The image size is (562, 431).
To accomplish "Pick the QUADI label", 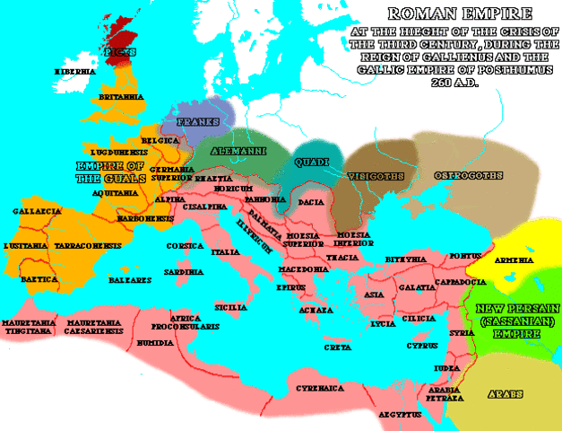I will pyautogui.click(x=311, y=163).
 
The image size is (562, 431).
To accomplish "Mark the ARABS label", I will pyautogui.click(x=506, y=393).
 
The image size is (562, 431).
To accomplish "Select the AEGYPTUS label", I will pyautogui.click(x=400, y=415).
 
